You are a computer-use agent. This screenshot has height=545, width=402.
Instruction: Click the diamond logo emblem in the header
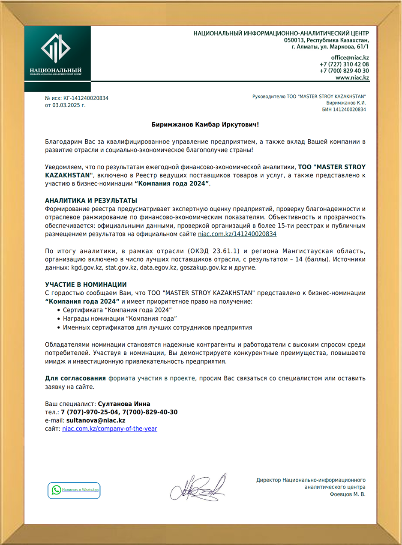[56, 48]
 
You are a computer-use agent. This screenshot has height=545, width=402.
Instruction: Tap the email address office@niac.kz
[350, 57]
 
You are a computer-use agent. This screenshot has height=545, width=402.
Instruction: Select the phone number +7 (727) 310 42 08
[344, 64]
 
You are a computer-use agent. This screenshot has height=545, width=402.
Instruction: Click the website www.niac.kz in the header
[352, 78]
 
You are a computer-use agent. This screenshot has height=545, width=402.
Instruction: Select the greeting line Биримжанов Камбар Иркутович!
[206, 125]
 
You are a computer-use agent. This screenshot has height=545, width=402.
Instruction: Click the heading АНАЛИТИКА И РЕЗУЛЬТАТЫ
[91, 201]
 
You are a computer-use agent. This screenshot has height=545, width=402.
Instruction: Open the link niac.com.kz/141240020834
[237, 234]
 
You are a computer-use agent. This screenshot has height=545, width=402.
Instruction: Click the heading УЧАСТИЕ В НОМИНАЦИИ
[86, 284]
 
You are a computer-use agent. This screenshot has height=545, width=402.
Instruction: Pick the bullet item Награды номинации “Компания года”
[120, 318]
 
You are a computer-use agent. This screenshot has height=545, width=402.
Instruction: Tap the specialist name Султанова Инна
[124, 404]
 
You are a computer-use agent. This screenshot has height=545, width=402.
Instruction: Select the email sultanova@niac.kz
[96, 420]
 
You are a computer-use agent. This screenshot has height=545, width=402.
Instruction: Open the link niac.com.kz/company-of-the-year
[110, 428]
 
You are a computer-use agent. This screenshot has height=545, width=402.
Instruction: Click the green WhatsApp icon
[56, 490]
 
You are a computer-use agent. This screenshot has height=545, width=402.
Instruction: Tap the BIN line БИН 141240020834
[344, 110]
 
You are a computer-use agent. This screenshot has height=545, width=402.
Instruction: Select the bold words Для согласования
[75, 378]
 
